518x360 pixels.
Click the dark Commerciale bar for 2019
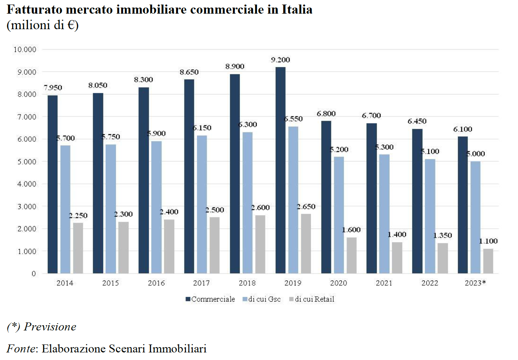click(x=281, y=171)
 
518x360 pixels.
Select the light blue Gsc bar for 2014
click(x=65, y=209)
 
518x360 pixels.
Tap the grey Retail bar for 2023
click(x=488, y=261)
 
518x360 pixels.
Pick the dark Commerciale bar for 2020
click(x=326, y=197)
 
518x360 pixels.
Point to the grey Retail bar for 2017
click(x=214, y=245)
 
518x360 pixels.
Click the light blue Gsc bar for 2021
click(x=384, y=214)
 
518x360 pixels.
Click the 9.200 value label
click(x=281, y=60)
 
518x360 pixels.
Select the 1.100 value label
click(x=488, y=241)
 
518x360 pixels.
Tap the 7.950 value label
click(x=53, y=88)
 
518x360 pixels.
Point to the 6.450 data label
click(x=417, y=121)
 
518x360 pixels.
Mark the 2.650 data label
click(x=306, y=207)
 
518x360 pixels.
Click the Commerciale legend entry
click(x=210, y=299)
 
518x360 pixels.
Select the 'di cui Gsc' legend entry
click(x=262, y=299)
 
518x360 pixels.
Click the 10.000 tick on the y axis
click(x=25, y=49)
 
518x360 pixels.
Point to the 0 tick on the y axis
click(x=34, y=274)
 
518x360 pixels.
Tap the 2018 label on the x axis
click(x=247, y=283)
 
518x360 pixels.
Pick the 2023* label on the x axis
click(x=475, y=283)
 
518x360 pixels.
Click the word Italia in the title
click(x=297, y=9)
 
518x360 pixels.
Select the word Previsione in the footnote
click(x=50, y=327)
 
